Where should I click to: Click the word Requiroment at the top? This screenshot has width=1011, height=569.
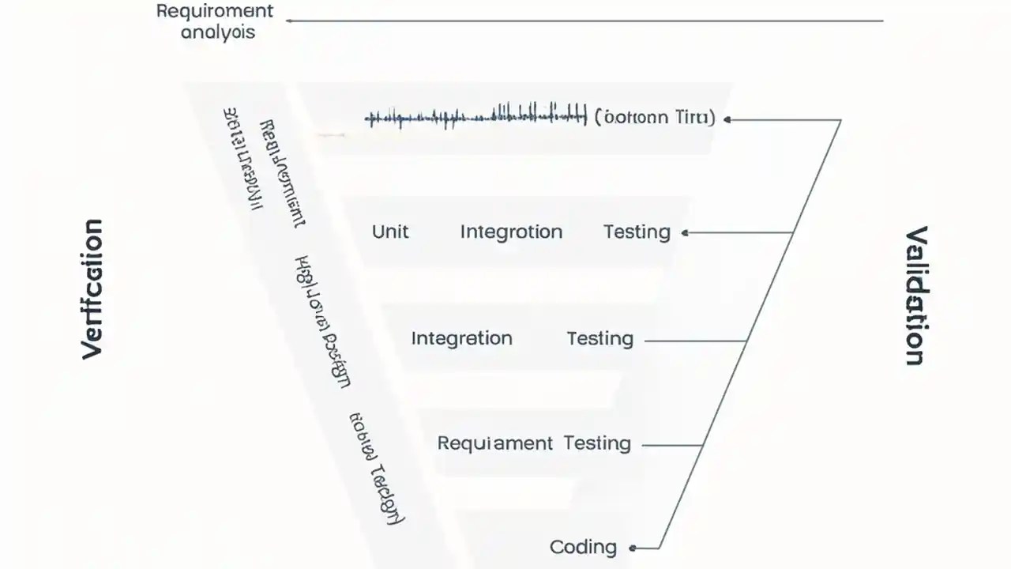215,12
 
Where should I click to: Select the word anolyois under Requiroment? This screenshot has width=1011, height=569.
218,33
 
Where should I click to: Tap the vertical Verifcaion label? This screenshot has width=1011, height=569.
92,289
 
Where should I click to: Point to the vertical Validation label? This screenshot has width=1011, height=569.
915,296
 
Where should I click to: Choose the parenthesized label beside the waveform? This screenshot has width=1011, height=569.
654,118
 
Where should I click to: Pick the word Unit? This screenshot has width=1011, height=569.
390,232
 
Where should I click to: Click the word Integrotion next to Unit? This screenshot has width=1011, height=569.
511,232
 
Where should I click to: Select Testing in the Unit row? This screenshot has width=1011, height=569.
637,232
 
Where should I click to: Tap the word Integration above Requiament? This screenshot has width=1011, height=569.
461,338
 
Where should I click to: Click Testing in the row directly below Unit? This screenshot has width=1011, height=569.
599,338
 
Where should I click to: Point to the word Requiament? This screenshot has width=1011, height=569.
495,443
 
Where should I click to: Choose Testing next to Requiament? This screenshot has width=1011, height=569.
597,443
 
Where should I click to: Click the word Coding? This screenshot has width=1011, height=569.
583,547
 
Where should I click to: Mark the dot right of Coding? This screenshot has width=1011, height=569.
633,548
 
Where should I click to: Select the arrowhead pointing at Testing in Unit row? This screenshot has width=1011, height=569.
685,232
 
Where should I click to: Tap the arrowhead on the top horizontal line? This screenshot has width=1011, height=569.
290,21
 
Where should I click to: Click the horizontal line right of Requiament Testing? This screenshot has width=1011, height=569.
671,445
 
